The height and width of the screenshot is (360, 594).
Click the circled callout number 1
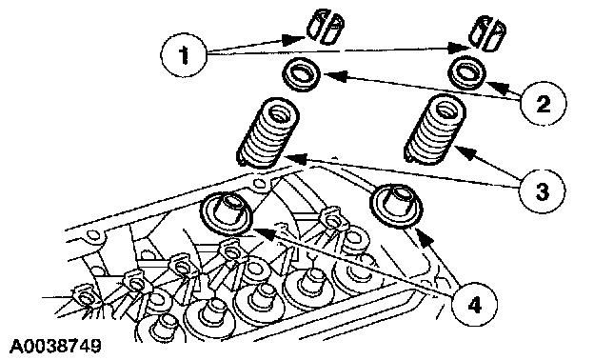[x=184, y=55]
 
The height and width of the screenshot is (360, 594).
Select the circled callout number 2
[x=544, y=103]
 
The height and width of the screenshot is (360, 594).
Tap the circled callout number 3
[x=542, y=191]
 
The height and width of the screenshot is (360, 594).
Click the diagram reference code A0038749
[x=55, y=346]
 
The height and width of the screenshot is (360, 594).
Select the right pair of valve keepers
[x=486, y=33]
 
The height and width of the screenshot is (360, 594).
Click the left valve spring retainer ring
[x=302, y=75]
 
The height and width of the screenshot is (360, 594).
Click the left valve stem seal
[x=226, y=214]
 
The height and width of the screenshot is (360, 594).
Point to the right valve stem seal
[x=397, y=207]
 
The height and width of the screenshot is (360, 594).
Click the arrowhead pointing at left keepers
[x=295, y=39]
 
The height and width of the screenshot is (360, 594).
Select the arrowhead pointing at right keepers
[x=459, y=48]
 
